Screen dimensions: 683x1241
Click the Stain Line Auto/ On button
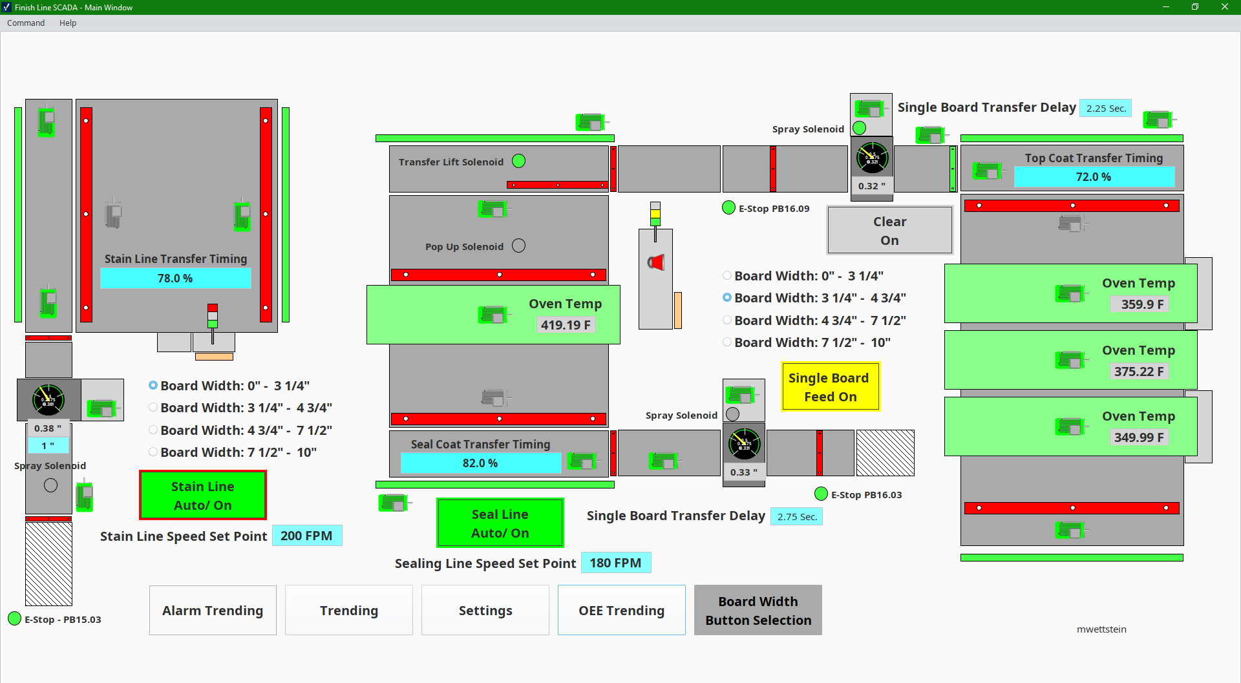tap(202, 495)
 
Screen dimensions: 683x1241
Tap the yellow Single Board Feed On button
tap(830, 386)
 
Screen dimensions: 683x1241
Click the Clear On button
tap(889, 230)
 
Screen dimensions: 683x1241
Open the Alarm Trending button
tap(213, 610)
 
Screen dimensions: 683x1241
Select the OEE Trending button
tap(621, 610)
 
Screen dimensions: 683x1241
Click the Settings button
tap(485, 610)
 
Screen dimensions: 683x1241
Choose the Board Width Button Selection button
tap(758, 610)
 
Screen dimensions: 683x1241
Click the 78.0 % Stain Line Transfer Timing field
tap(175, 278)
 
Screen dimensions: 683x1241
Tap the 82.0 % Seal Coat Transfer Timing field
tap(480, 463)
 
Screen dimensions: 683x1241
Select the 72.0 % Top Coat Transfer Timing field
tap(1093, 176)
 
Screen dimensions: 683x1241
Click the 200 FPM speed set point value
tap(306, 536)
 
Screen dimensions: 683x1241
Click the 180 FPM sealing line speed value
tap(615, 563)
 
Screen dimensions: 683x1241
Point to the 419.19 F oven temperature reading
tap(566, 324)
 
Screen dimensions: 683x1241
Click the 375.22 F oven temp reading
tap(1138, 371)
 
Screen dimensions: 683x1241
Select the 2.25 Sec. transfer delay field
tap(1105, 108)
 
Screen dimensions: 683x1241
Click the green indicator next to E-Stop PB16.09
tap(728, 207)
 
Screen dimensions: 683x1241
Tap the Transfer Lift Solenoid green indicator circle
tap(518, 161)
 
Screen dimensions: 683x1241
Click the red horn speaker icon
tap(656, 262)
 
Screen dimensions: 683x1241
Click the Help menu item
tap(68, 23)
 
